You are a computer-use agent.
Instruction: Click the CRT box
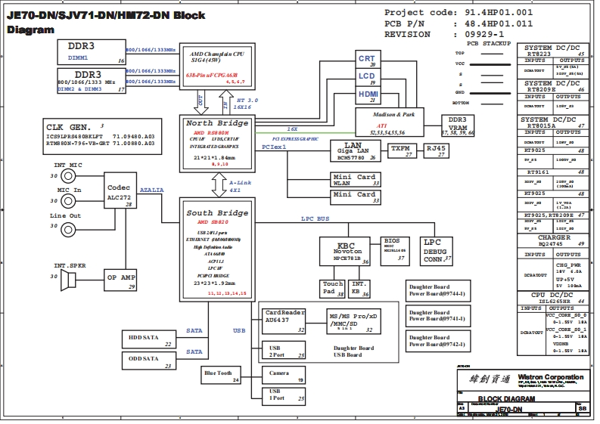[367, 60]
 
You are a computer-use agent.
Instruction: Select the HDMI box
[368, 95]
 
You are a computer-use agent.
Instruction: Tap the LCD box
[367, 78]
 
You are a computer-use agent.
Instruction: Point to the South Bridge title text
[217, 213]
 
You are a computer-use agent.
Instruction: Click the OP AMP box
[120, 280]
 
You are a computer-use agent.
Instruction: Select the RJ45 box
[437, 150]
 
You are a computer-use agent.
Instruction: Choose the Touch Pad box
[333, 288]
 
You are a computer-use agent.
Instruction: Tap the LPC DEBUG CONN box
[438, 250]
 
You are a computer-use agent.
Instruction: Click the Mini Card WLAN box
[355, 180]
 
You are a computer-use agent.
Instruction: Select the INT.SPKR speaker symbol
[68, 280]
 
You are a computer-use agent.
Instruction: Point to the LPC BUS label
[316, 218]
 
